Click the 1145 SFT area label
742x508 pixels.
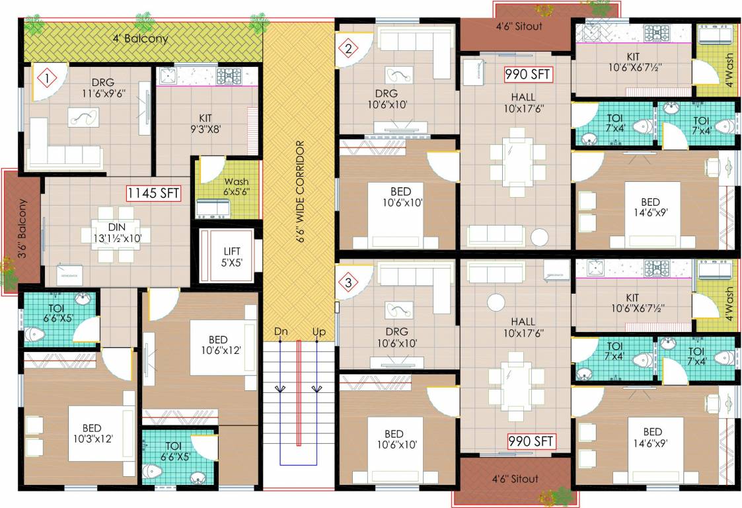[x=153, y=193]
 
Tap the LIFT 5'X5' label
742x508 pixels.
[x=232, y=257]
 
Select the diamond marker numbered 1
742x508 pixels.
[x=47, y=78]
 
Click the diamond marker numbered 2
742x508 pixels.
[x=349, y=48]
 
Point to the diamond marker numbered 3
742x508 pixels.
[x=349, y=283]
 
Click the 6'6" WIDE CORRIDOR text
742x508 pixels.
[x=300, y=191]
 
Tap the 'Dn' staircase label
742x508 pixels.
[x=281, y=331]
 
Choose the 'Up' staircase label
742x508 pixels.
[x=319, y=331]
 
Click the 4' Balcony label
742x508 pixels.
[x=140, y=38]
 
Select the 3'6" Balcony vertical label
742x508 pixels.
[x=22, y=228]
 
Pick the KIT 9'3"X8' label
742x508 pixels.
[x=205, y=123]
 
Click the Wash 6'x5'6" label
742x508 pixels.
[x=237, y=187]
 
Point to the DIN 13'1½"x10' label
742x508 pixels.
[x=117, y=233]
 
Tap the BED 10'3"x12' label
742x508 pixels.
[x=93, y=434]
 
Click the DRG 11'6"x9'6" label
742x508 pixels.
[x=103, y=88]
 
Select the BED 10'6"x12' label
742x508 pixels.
[x=218, y=345]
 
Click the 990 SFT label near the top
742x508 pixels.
[x=527, y=74]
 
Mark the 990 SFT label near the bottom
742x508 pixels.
[x=531, y=441]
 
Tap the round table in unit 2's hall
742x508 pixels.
[x=539, y=237]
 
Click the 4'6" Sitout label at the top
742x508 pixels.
[x=519, y=26]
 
